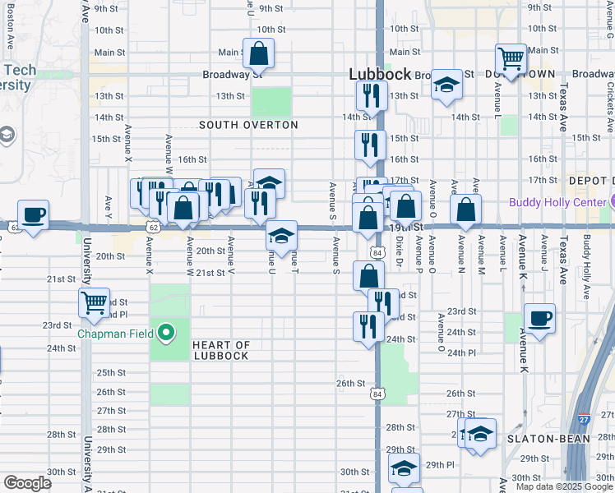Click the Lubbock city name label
pos(380,74)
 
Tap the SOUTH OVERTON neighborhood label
pos(249,125)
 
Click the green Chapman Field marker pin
pos(166,333)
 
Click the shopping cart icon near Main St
pos(511,59)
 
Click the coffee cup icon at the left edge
pos(33,215)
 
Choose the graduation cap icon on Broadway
pos(446,85)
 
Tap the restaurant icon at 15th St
pos(370,145)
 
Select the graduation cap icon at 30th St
pos(404,468)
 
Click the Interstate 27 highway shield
pos(584,419)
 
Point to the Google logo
pos(27,483)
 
